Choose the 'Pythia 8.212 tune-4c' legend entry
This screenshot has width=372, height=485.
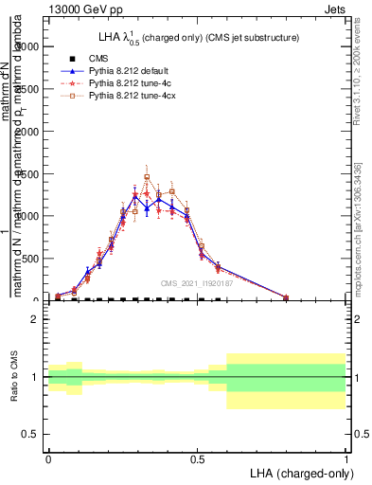[x=133, y=83]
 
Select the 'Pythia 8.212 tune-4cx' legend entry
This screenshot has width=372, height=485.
[x=134, y=97]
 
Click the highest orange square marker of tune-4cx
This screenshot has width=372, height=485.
[x=147, y=177]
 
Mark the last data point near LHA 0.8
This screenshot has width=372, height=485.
[x=286, y=297]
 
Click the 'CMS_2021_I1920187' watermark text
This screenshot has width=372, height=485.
[x=197, y=283]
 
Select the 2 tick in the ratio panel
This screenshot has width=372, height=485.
[x=35, y=320]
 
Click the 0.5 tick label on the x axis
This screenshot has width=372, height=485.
[x=197, y=458]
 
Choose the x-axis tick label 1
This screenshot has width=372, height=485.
[x=346, y=458]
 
